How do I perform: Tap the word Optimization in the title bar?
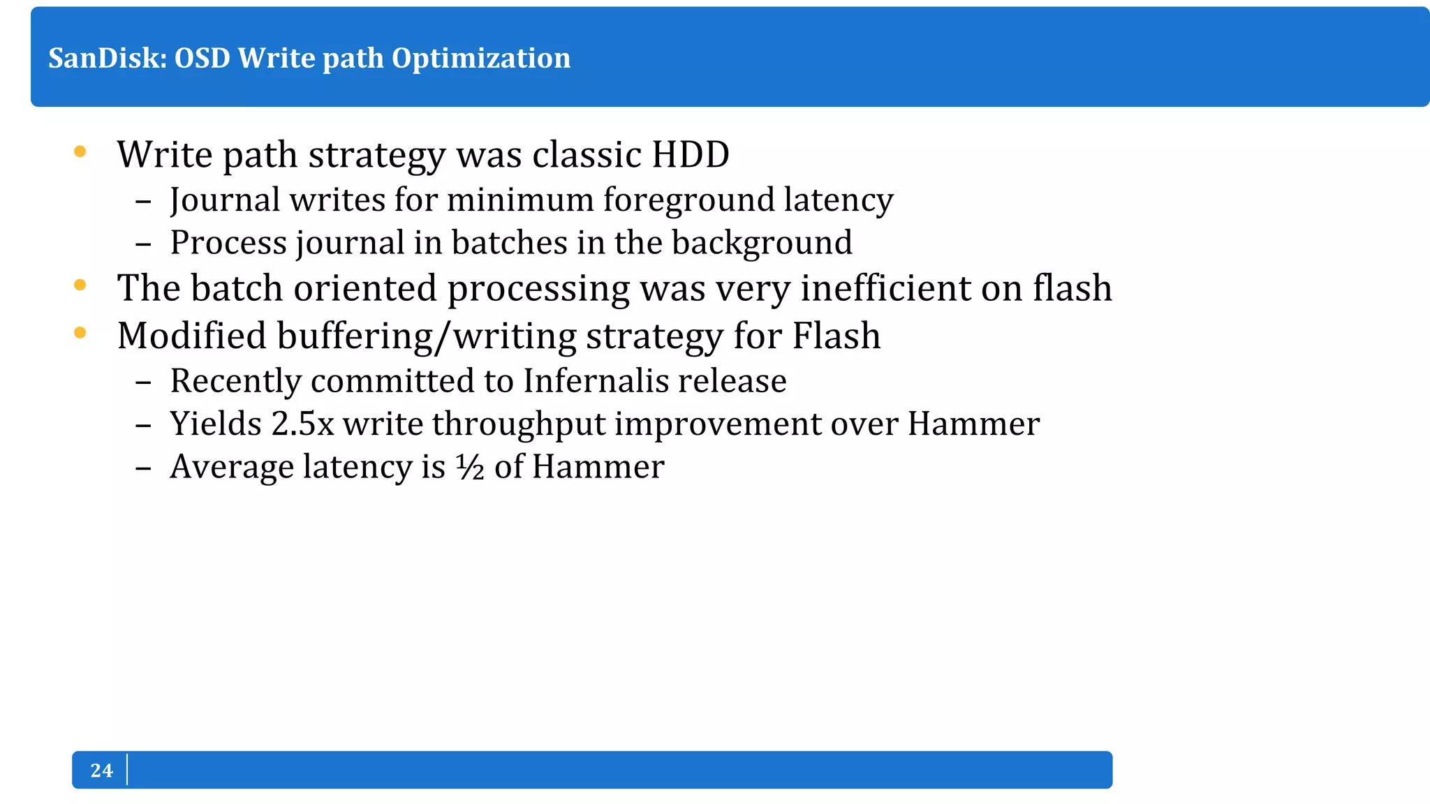click(480, 59)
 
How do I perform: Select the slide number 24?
click(101, 770)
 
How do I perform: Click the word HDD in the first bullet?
click(690, 155)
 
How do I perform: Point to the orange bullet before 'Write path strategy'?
click(80, 151)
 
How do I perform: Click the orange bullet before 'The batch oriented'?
click(80, 285)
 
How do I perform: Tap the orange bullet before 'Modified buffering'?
click(80, 333)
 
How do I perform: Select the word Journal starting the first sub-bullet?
click(225, 201)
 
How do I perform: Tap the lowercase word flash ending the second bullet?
click(1072, 288)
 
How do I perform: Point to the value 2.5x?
click(302, 424)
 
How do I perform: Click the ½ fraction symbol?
click(470, 467)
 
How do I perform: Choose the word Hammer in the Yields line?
click(973, 424)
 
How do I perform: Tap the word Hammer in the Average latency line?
click(598, 467)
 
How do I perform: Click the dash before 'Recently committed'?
click(143, 382)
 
